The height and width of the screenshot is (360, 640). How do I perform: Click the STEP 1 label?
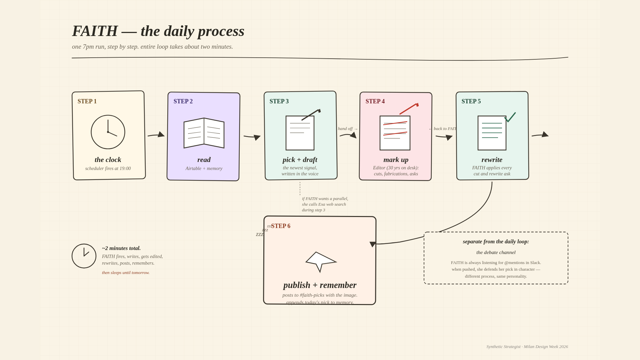87,101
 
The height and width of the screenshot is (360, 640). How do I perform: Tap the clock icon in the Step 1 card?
108,132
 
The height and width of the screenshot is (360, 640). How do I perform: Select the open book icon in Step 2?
204,133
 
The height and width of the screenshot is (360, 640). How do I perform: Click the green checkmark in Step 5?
510,117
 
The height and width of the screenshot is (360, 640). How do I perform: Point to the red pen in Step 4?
409,109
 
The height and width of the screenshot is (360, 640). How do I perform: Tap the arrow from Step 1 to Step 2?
156,135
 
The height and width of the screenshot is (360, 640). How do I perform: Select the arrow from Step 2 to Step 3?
252,137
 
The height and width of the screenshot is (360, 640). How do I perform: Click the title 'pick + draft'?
300,160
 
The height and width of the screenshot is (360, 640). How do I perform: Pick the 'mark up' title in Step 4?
396,160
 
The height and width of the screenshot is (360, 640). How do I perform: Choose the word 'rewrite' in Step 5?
492,160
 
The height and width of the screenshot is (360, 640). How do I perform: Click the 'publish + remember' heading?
320,285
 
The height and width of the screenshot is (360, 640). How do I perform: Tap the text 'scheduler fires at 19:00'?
108,169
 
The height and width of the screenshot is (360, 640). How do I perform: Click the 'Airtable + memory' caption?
204,169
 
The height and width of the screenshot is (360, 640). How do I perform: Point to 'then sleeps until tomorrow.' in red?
126,273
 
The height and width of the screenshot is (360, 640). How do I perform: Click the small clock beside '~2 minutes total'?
84,256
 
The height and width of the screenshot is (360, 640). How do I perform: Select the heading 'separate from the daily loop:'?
496,242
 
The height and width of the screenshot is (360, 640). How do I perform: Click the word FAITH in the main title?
95,31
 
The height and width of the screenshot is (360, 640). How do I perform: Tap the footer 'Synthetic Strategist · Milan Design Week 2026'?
527,347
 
